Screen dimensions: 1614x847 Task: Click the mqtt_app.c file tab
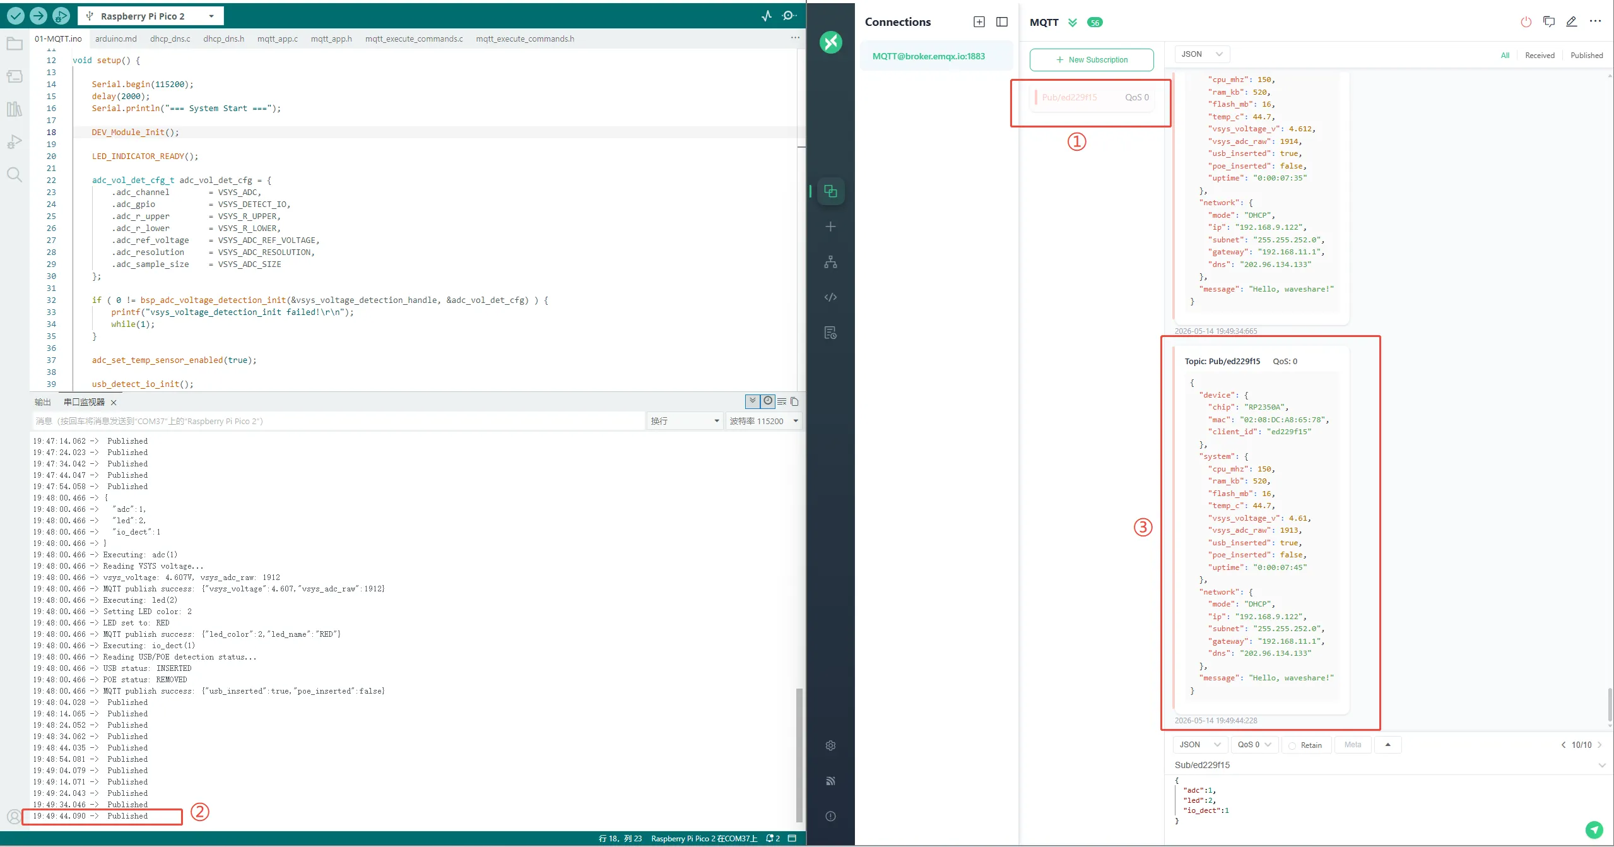point(277,38)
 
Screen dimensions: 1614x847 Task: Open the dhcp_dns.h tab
point(223,38)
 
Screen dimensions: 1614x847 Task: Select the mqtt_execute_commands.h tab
point(525,38)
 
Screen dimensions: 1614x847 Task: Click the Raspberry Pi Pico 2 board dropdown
point(150,16)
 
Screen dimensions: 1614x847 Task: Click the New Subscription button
point(1092,60)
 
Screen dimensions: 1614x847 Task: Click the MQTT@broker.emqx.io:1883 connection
point(929,56)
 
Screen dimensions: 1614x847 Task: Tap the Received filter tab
point(1540,56)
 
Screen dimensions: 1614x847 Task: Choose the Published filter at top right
point(1586,56)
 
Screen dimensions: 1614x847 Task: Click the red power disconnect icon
point(1526,22)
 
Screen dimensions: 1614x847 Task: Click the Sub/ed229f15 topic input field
point(1382,765)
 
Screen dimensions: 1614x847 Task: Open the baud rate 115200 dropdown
point(764,421)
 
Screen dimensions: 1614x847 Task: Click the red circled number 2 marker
point(200,812)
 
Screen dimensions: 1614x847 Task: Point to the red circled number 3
point(1143,527)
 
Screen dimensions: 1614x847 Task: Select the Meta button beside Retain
point(1352,745)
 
